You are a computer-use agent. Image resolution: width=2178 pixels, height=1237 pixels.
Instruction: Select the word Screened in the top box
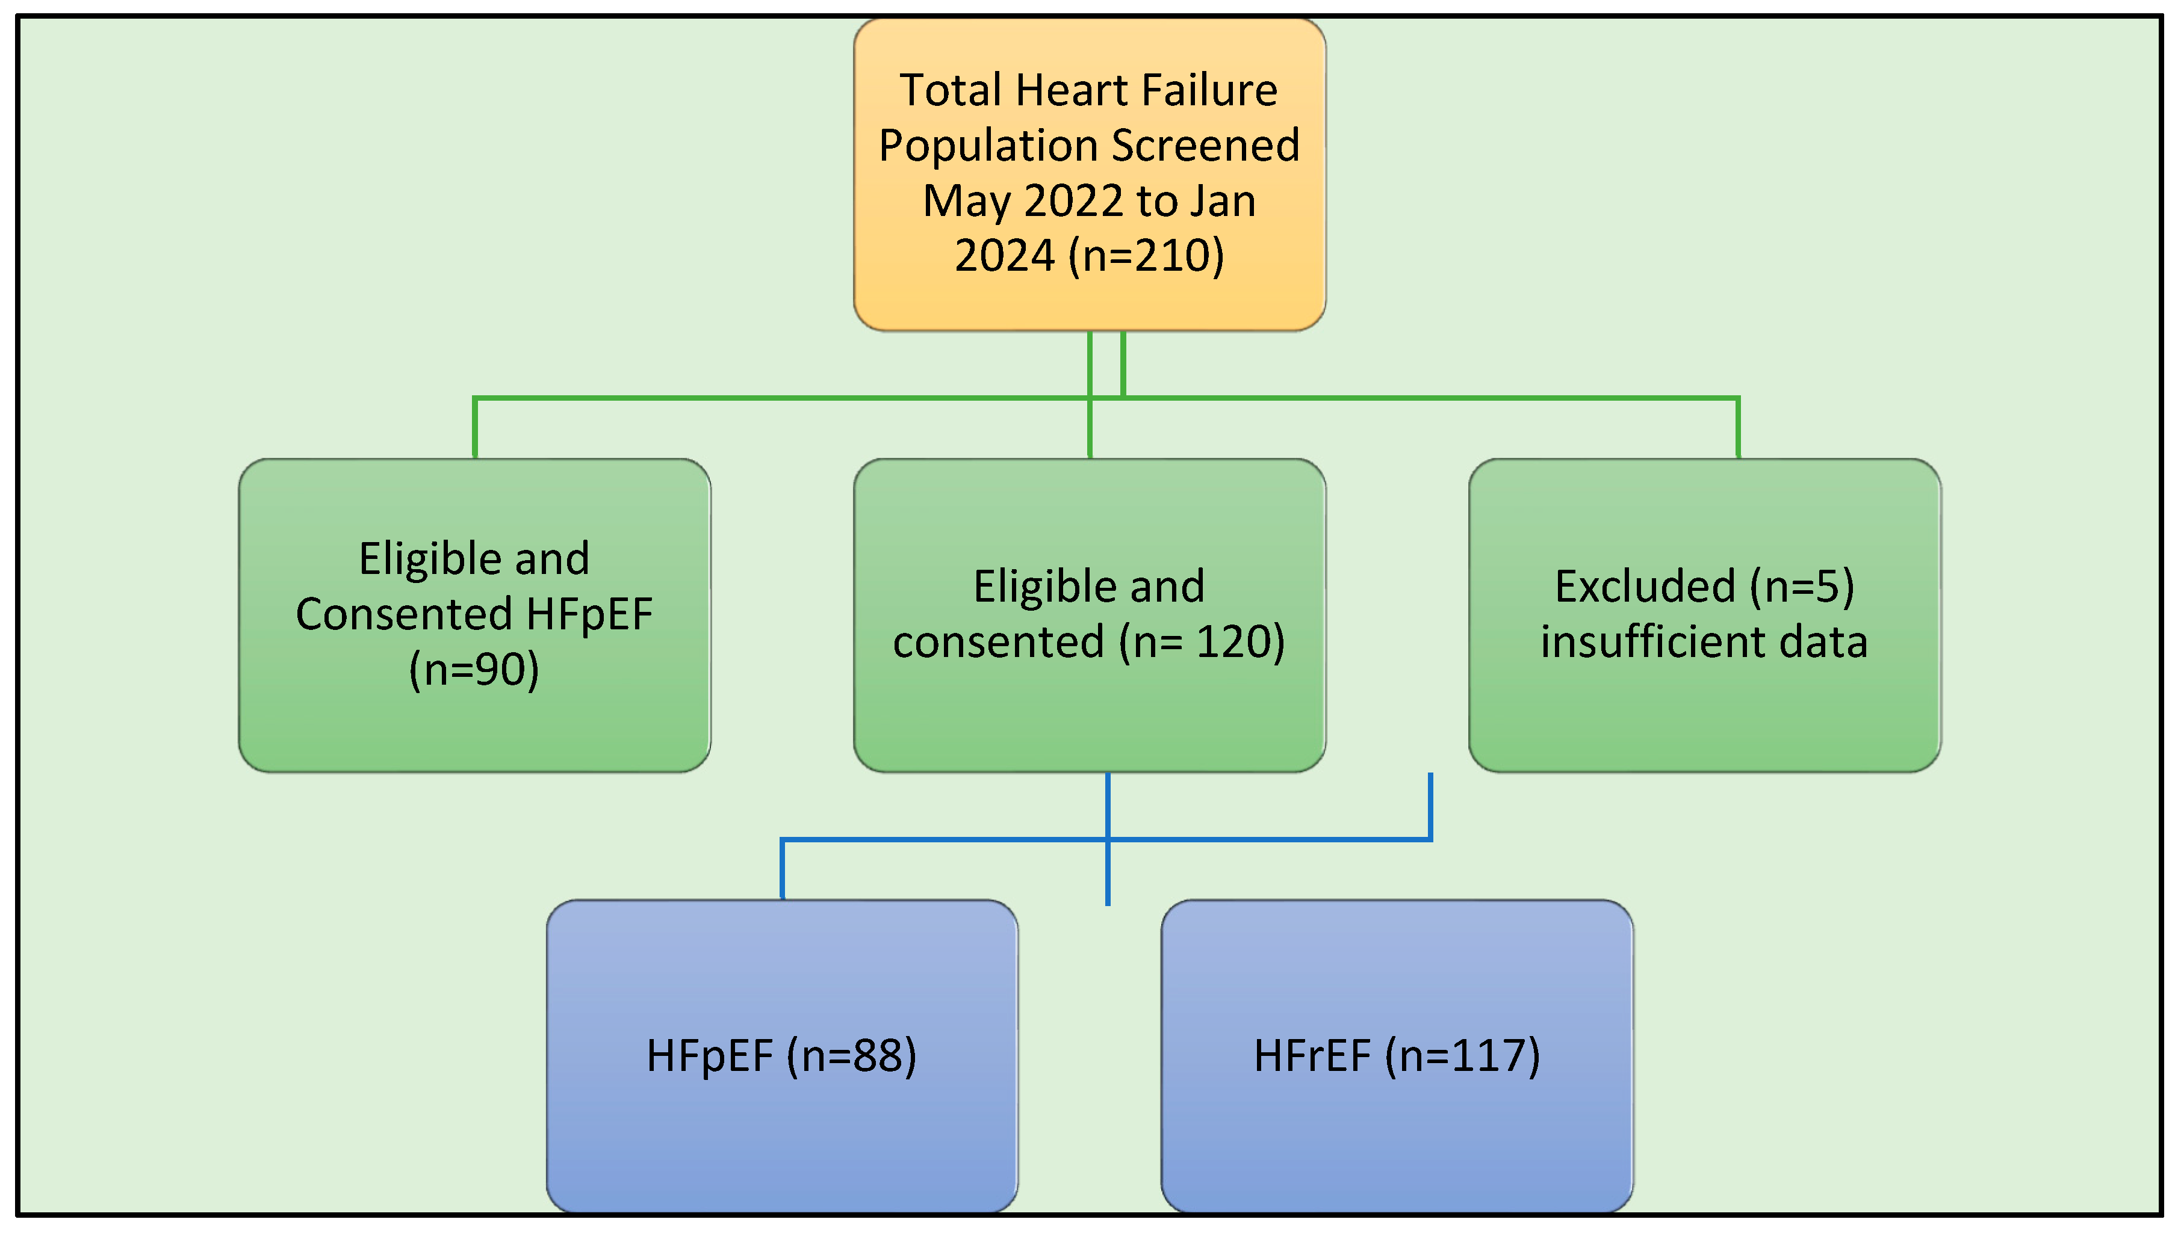tap(1205, 145)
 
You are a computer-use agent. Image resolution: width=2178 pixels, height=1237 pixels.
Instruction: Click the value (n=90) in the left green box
tap(474, 670)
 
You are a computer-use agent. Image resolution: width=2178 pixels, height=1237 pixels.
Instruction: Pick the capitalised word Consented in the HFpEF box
tap(404, 614)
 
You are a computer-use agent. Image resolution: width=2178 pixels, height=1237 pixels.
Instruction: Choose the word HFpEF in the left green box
tap(589, 614)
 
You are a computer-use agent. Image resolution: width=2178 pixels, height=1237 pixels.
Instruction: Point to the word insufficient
tap(1652, 641)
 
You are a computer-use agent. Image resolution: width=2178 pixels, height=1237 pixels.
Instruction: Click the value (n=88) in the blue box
tap(852, 1056)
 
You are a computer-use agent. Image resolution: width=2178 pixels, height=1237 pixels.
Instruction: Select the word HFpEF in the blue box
tap(710, 1056)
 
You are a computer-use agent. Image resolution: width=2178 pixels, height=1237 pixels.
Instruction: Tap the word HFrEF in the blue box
tap(1312, 1056)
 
